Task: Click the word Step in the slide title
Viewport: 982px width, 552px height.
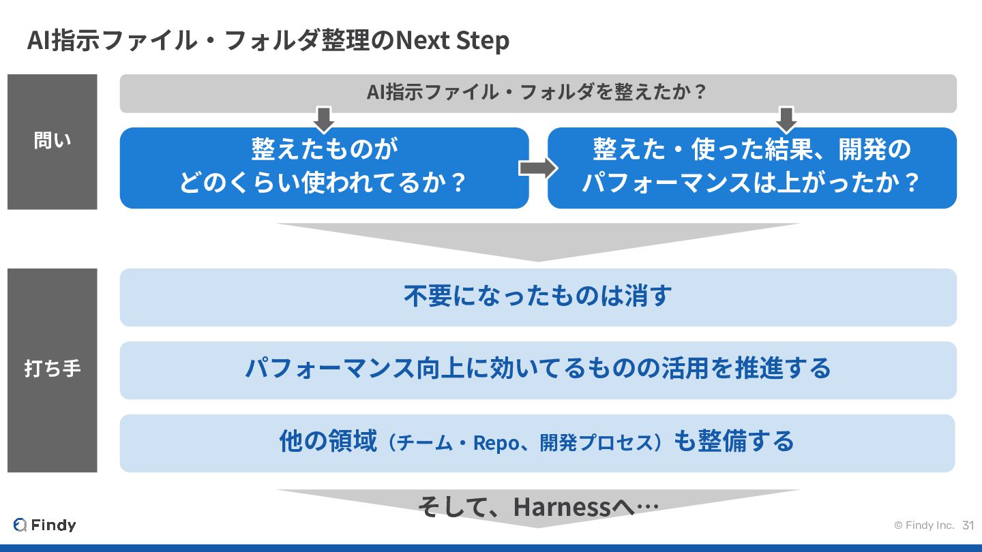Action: [482, 41]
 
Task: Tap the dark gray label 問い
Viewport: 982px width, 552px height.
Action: [53, 141]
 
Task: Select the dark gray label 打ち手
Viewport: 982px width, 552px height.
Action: [53, 369]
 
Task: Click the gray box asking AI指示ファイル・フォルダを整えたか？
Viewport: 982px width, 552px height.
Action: [538, 93]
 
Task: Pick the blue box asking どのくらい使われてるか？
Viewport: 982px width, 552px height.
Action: [324, 168]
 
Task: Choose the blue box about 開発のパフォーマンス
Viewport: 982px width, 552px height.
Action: [752, 168]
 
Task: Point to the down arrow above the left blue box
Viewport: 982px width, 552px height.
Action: [324, 119]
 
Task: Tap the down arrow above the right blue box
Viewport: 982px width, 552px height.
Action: [787, 119]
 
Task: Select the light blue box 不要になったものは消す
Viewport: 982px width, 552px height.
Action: [538, 297]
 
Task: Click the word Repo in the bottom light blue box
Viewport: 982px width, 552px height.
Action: [496, 443]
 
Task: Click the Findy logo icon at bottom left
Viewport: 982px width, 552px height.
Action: [20, 525]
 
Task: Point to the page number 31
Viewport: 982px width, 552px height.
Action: [968, 525]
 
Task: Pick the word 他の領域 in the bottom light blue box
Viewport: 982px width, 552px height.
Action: [328, 442]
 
